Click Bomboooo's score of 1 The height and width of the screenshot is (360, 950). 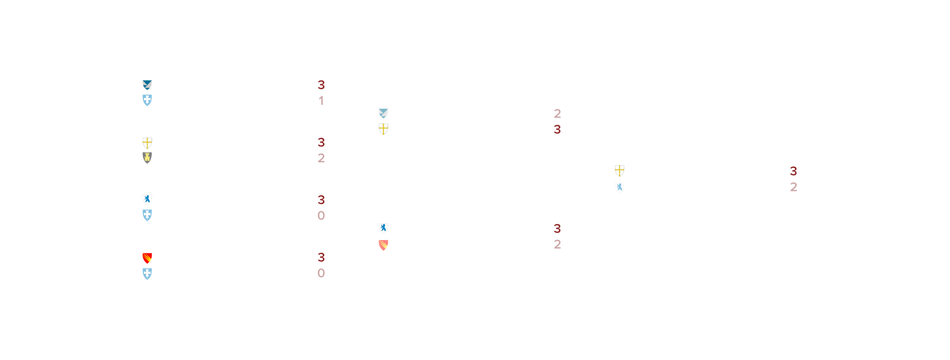click(x=321, y=101)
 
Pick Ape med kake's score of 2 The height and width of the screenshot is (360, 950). click(x=321, y=158)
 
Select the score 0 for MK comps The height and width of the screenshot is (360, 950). click(x=321, y=216)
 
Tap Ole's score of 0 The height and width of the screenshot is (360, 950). click(x=321, y=273)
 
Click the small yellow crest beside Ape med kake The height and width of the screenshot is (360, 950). click(x=147, y=157)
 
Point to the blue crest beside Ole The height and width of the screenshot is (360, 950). click(x=147, y=274)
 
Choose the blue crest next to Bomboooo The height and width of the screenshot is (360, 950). click(x=147, y=100)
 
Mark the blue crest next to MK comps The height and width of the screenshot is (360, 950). click(x=147, y=215)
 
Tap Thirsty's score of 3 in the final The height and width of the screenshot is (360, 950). click(x=793, y=171)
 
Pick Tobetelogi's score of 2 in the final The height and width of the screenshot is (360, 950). click(x=793, y=187)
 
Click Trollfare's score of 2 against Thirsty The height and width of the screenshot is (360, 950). click(x=557, y=113)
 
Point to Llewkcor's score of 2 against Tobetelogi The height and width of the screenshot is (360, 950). click(x=557, y=244)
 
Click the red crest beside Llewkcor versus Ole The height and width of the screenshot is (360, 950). click(x=147, y=258)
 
